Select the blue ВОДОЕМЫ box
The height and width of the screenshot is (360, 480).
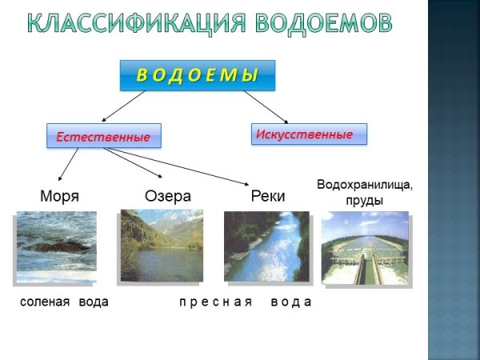(198, 76)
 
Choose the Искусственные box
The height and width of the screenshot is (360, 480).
(309, 134)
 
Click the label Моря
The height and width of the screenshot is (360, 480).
(60, 196)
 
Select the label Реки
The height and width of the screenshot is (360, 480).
(268, 196)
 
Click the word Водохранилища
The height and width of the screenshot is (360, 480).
(365, 185)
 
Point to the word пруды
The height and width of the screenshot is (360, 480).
(365, 200)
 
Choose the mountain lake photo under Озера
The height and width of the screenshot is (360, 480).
(161, 246)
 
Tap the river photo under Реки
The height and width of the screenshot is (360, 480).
(266, 246)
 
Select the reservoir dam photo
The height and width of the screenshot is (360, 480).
(365, 248)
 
